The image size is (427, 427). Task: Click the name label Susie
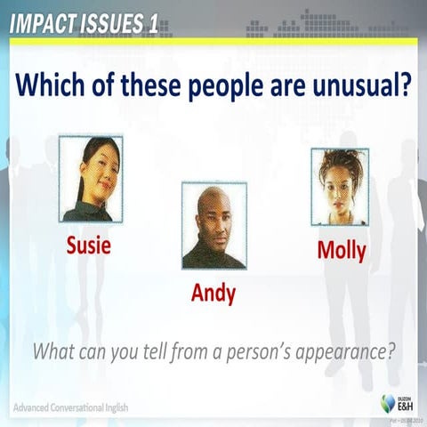pyautogui.click(x=90, y=246)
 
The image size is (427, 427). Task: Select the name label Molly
pyautogui.click(x=342, y=251)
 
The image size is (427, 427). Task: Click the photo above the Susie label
pyautogui.click(x=91, y=178)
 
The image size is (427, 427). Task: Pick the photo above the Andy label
pyautogui.click(x=213, y=226)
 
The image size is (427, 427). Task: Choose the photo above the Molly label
pyautogui.click(x=340, y=187)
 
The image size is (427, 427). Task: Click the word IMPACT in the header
pyautogui.click(x=42, y=24)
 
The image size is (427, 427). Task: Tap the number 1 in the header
pyautogui.click(x=153, y=24)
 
